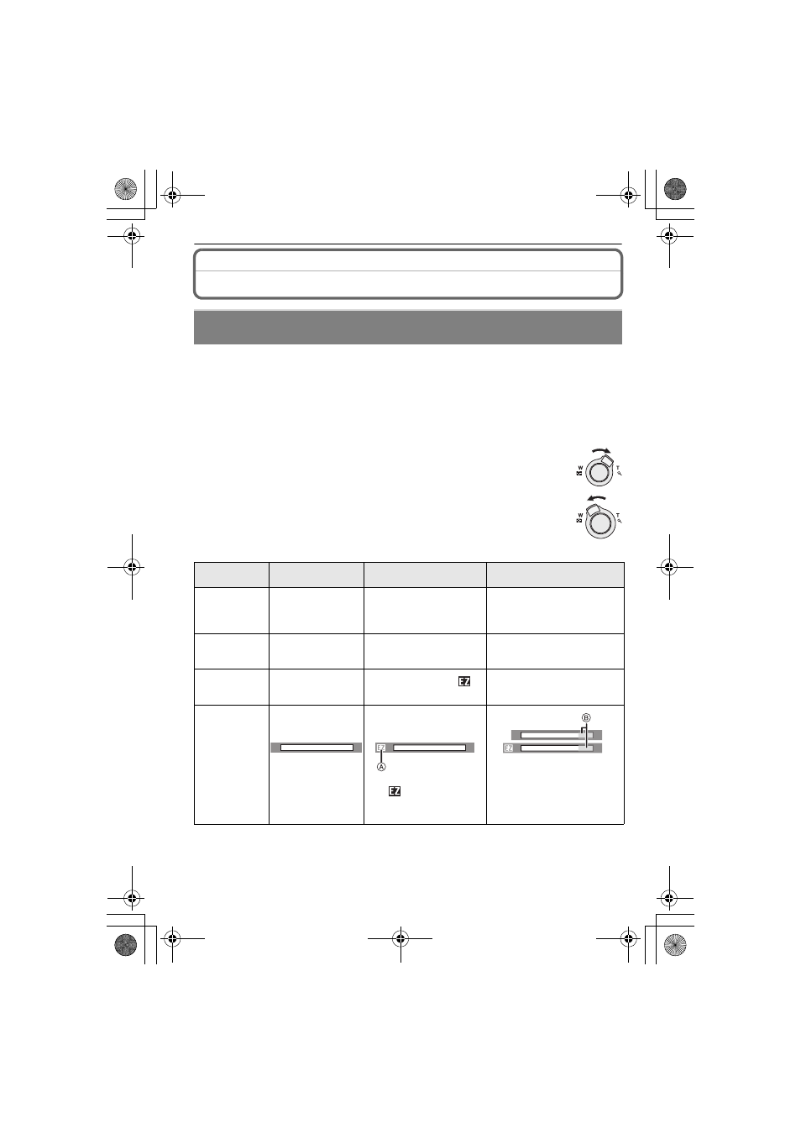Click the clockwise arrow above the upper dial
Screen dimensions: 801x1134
click(601, 449)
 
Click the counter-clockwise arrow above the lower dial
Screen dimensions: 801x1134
click(596, 497)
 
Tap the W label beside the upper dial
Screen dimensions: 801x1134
click(580, 468)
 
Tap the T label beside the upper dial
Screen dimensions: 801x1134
click(617, 468)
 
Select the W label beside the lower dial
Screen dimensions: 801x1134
click(580, 516)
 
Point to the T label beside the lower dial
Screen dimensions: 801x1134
click(617, 516)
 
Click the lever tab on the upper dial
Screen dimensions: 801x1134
click(607, 460)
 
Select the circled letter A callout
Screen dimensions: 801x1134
click(381, 767)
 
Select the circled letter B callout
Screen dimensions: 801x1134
click(586, 718)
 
